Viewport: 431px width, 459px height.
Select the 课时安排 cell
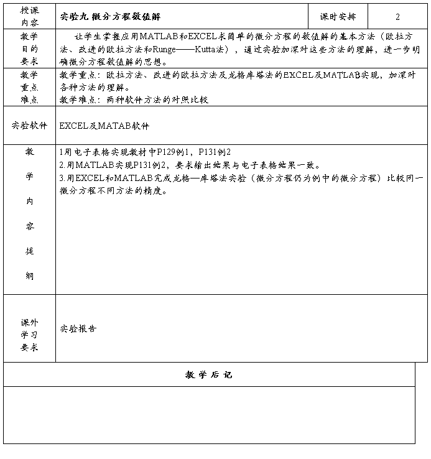pyautogui.click(x=338, y=17)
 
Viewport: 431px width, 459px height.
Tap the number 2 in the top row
pyautogui.click(x=397, y=17)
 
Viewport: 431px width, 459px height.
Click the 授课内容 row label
pyautogui.click(x=29, y=17)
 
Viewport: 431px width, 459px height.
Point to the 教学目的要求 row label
pyautogui.click(x=29, y=49)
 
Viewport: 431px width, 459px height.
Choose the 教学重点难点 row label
pyautogui.click(x=29, y=87)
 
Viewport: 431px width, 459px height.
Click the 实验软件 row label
pyautogui.click(x=29, y=125)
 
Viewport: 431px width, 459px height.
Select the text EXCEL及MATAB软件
pyautogui.click(x=104, y=126)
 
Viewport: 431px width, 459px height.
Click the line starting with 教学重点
pyautogui.click(x=236, y=75)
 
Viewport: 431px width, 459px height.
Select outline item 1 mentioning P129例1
pyautogui.click(x=144, y=152)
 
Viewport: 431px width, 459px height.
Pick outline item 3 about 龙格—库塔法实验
pyautogui.click(x=241, y=178)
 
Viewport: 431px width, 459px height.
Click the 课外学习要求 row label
pyautogui.click(x=29, y=335)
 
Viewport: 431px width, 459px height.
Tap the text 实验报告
pyautogui.click(x=78, y=328)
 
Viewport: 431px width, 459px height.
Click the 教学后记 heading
pyautogui.click(x=209, y=374)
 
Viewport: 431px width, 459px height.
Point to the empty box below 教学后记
pyautogui.click(x=209, y=415)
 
